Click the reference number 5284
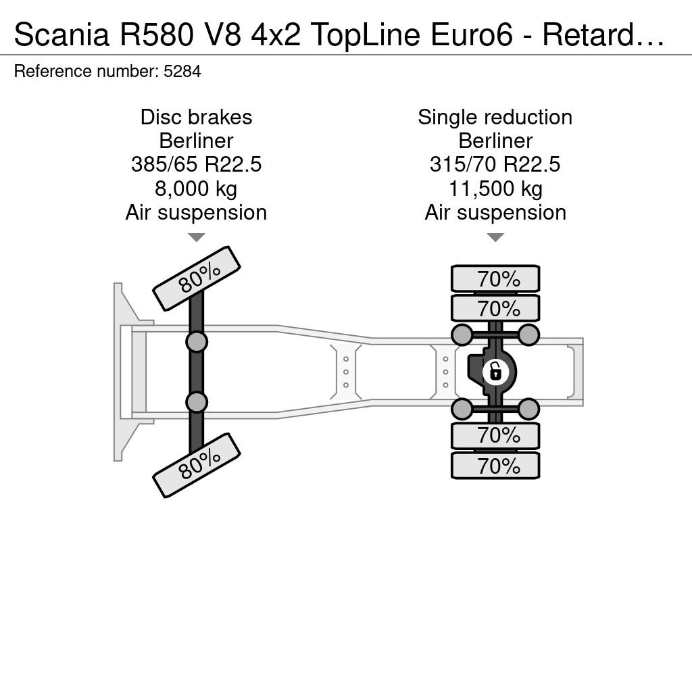pyautogui.click(x=182, y=71)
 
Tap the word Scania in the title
pyautogui.click(x=61, y=34)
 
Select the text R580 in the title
pyautogui.click(x=156, y=34)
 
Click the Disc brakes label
pyautogui.click(x=197, y=117)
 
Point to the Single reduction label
pyautogui.click(x=495, y=117)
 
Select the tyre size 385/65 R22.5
pyautogui.click(x=197, y=165)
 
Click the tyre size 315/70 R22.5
pyautogui.click(x=495, y=165)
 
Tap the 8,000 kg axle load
pyautogui.click(x=197, y=189)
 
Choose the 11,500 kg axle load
pyautogui.click(x=495, y=189)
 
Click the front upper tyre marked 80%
pyautogui.click(x=197, y=278)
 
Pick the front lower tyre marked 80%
pyautogui.click(x=197, y=466)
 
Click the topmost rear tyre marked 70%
pyautogui.click(x=495, y=278)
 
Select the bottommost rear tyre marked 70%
pyautogui.click(x=495, y=465)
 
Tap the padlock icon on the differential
pyautogui.click(x=495, y=372)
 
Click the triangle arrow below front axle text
pyautogui.click(x=197, y=237)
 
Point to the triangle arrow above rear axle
pyautogui.click(x=495, y=237)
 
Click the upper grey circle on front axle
pyautogui.click(x=197, y=341)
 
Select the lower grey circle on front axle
pyautogui.click(x=197, y=402)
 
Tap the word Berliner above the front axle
pyautogui.click(x=197, y=141)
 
